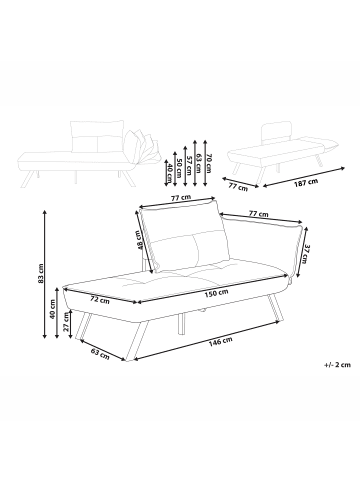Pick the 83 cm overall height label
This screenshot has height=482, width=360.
(41, 272)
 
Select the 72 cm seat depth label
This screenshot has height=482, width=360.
(100, 298)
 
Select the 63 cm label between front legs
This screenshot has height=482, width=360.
(98, 353)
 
